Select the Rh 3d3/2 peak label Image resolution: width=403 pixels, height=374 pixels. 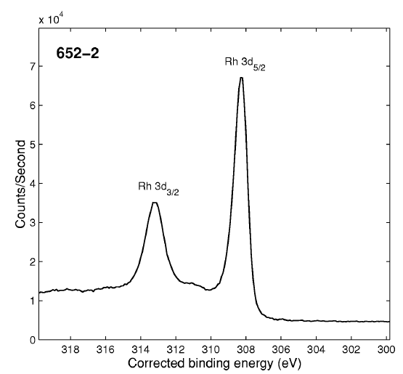click(x=159, y=187)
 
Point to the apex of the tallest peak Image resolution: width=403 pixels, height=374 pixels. click(x=241, y=78)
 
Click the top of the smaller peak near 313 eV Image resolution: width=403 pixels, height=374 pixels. click(x=154, y=203)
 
